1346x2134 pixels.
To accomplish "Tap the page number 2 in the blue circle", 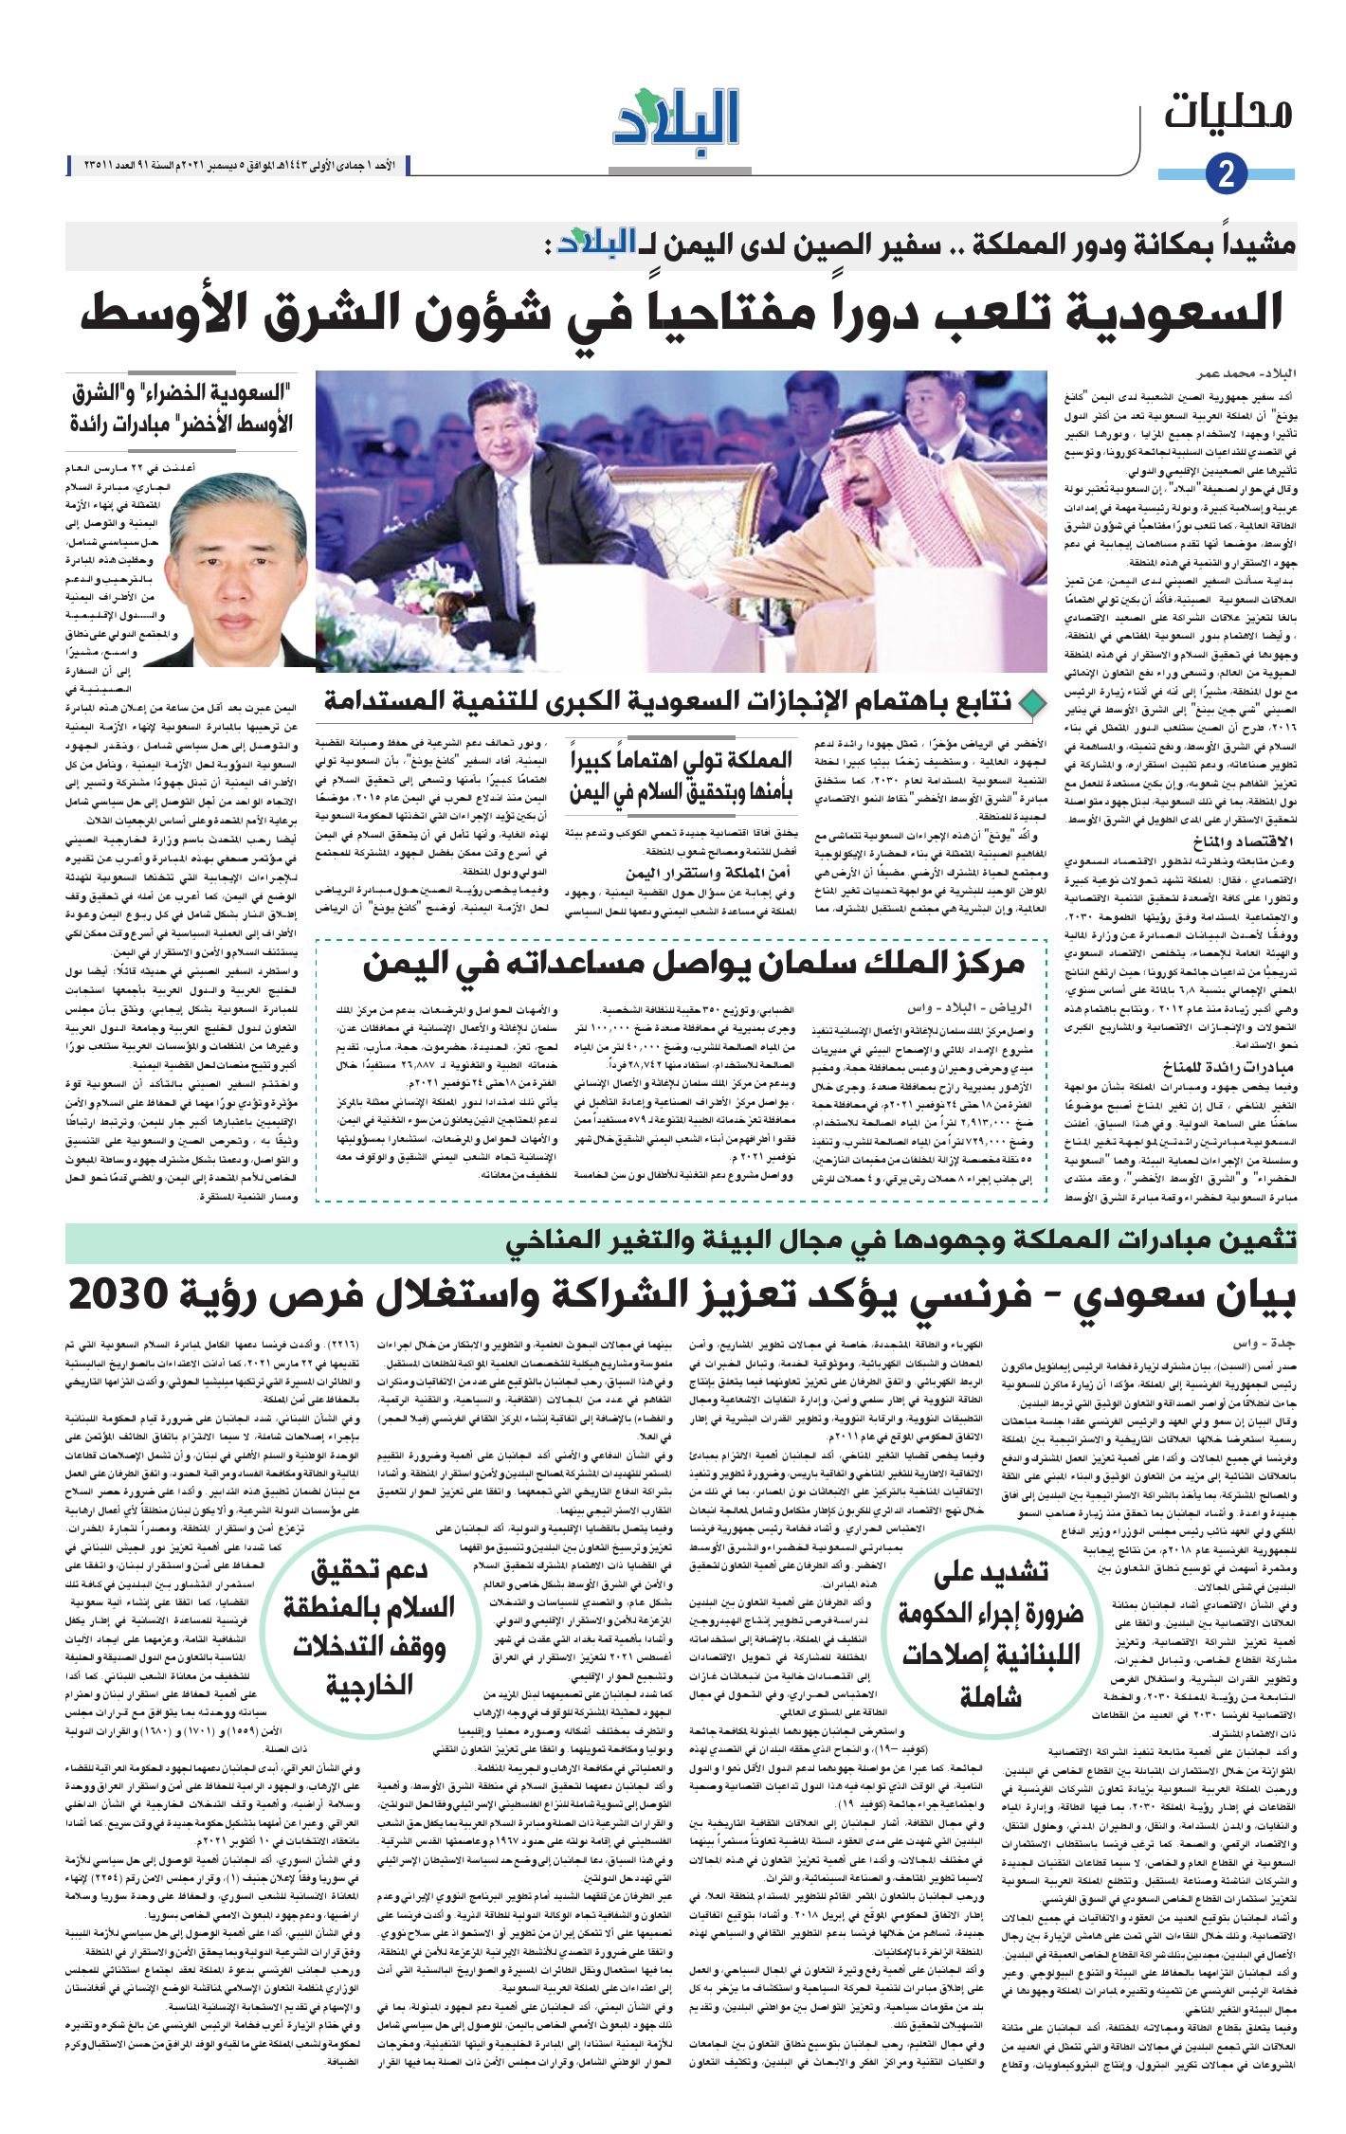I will click(x=1226, y=174).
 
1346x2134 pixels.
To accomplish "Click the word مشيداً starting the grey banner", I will click(x=1250, y=245).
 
